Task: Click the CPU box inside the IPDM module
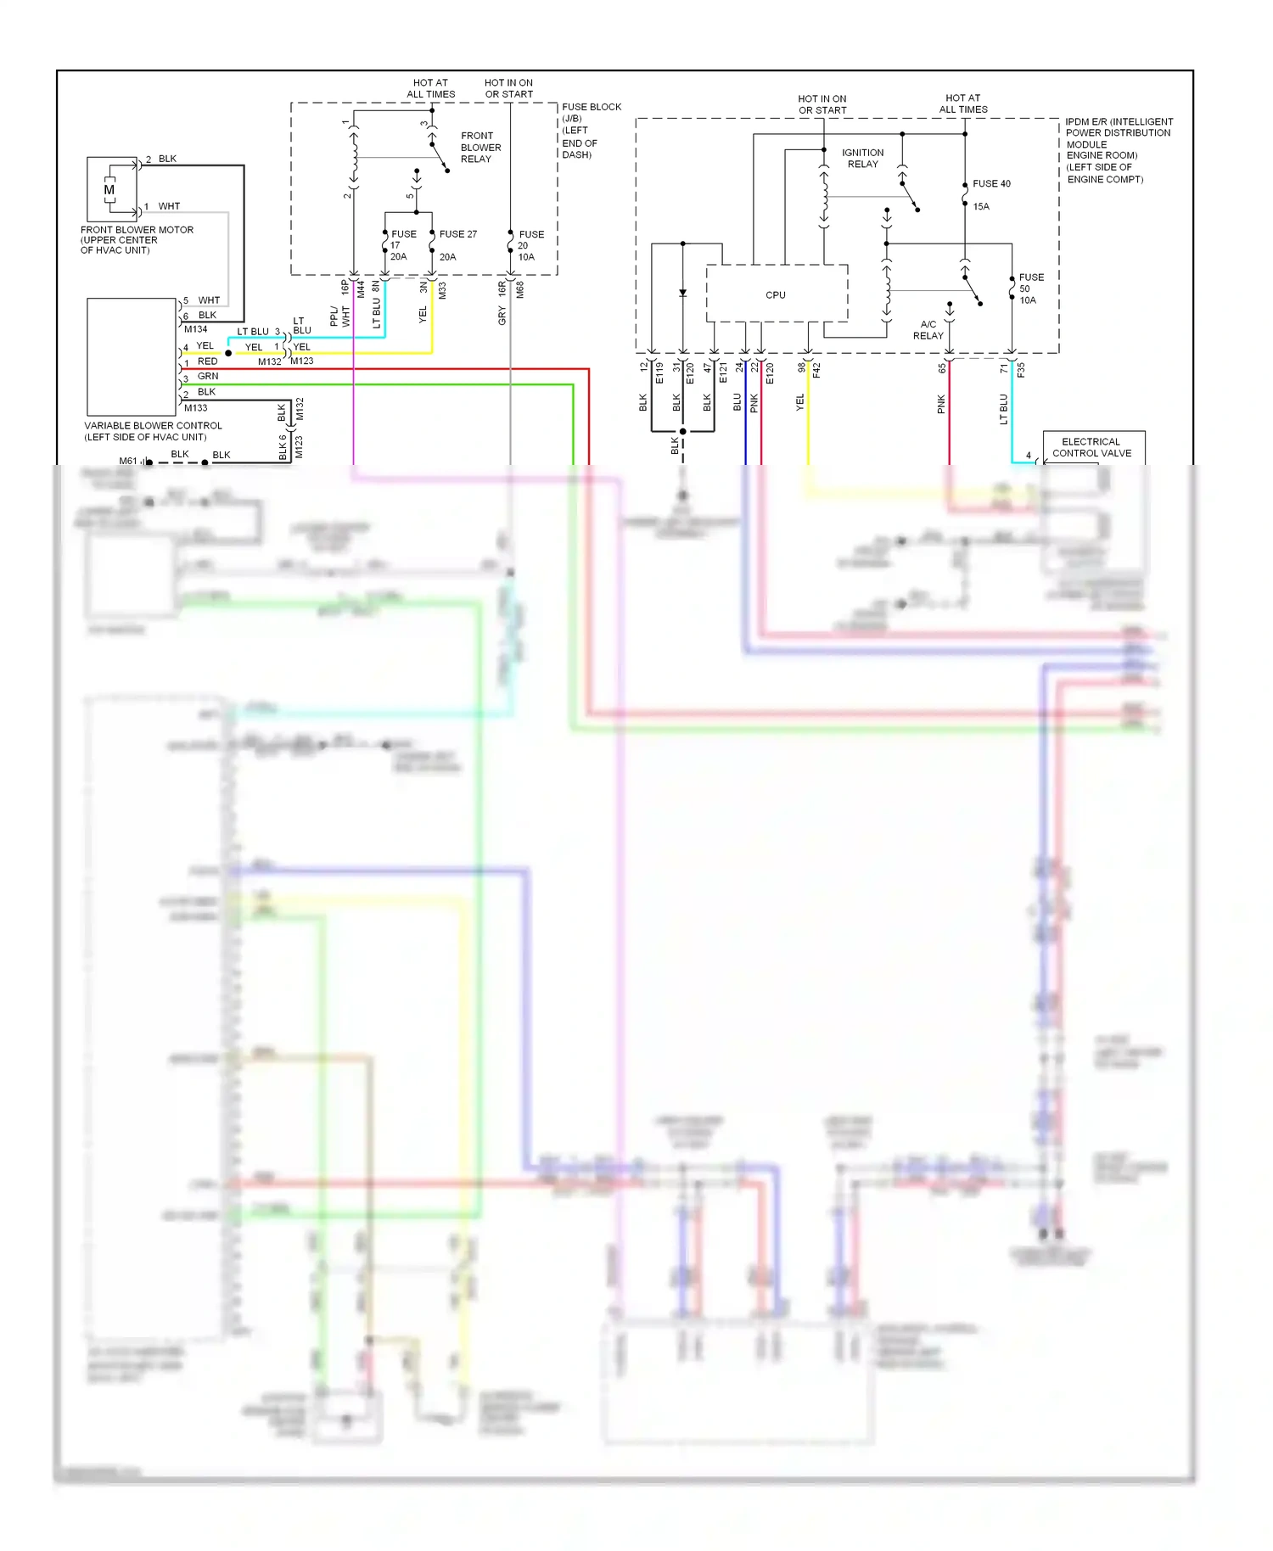[x=776, y=294]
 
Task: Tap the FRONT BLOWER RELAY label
[x=480, y=148]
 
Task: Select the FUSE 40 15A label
[x=990, y=194]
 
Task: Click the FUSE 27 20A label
[x=457, y=244]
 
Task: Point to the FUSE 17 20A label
[x=401, y=244]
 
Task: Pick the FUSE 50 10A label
[x=1030, y=288]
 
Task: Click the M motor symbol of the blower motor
[x=109, y=190]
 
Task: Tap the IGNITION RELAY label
[x=862, y=159]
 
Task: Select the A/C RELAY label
[x=928, y=330]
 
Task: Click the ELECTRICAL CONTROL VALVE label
[x=1091, y=447]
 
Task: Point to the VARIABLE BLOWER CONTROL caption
[x=153, y=431]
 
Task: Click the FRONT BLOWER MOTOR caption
[x=136, y=239]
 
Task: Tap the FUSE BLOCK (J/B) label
[x=591, y=130]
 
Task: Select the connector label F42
[x=816, y=370]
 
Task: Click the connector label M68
[x=519, y=289]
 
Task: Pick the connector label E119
[x=659, y=373]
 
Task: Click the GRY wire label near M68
[x=502, y=316]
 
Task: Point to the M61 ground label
[x=127, y=461]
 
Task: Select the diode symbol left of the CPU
[x=682, y=293]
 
